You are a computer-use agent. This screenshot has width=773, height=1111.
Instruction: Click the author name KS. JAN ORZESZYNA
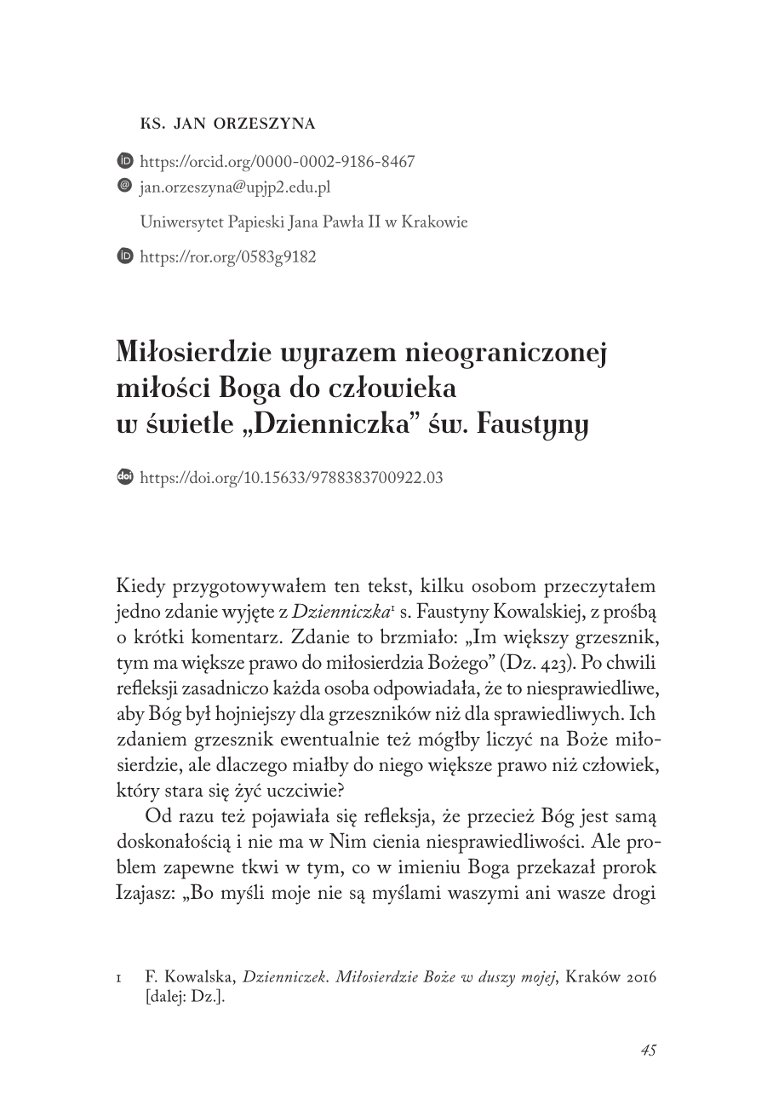(x=227, y=124)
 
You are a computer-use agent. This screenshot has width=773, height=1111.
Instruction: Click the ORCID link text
(x=277, y=162)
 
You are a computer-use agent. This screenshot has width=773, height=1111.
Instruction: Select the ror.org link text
(x=227, y=256)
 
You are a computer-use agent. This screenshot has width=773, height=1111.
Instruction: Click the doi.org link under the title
(x=291, y=478)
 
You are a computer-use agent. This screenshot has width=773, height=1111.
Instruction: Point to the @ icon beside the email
(x=124, y=185)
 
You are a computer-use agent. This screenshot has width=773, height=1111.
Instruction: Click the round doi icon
(x=124, y=477)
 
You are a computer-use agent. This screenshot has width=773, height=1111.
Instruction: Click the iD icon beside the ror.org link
(x=124, y=256)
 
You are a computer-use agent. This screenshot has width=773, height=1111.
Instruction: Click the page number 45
(x=648, y=1050)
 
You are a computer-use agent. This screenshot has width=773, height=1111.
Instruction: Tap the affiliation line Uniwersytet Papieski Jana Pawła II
(x=303, y=222)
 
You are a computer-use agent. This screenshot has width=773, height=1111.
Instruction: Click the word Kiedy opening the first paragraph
(x=140, y=588)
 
